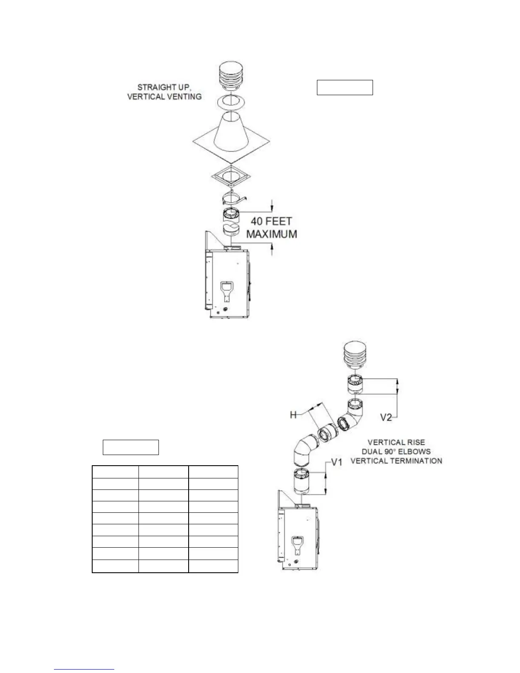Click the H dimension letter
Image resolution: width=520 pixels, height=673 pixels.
(x=293, y=415)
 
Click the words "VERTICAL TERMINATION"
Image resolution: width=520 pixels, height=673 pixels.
(x=396, y=461)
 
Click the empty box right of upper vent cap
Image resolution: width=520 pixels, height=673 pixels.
(x=345, y=87)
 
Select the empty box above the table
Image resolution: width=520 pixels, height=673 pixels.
(x=131, y=447)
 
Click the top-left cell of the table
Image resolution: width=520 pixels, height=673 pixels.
(x=115, y=472)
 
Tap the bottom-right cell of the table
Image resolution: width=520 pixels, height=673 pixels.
(x=213, y=566)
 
